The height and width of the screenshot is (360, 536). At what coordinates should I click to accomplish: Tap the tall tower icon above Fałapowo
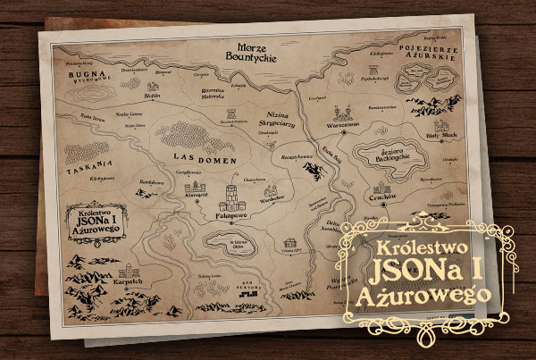231,196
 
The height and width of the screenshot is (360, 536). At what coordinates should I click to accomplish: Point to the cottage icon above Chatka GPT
293,244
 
